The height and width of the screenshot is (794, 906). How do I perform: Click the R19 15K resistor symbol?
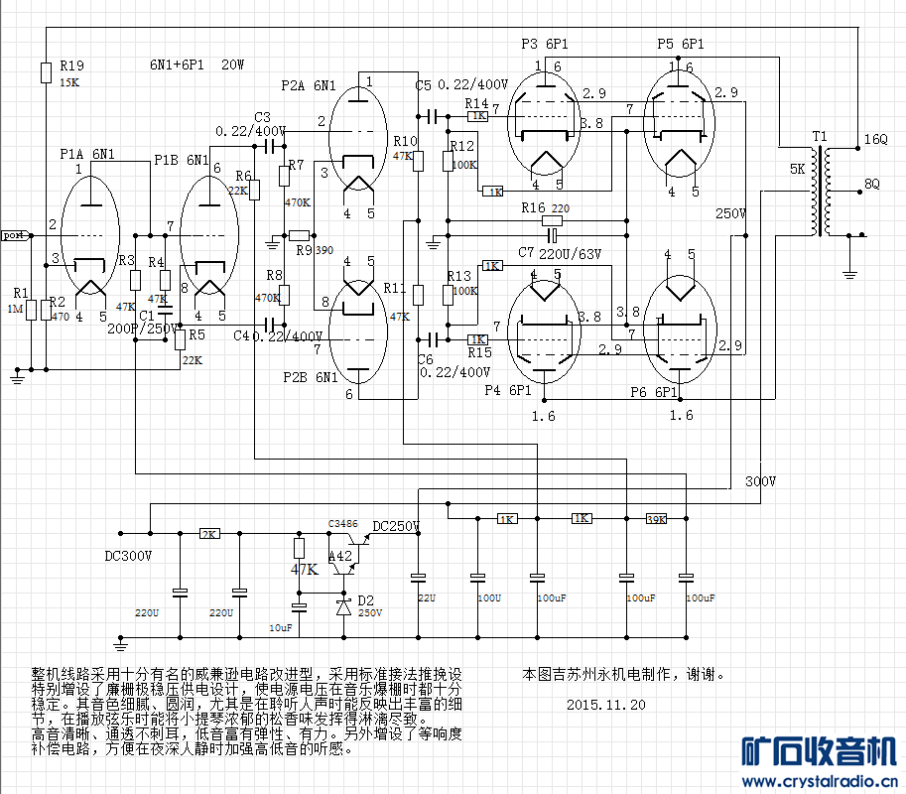tap(46, 72)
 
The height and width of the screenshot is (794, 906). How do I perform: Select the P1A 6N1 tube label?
tap(85, 154)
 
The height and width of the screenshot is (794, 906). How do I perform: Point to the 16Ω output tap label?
tap(876, 139)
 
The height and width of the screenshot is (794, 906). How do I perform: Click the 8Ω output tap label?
tap(872, 184)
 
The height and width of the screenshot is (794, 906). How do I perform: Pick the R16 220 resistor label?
tap(545, 207)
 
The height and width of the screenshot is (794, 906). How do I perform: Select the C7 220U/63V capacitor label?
tap(559, 253)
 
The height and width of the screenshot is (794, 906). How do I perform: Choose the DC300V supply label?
tap(128, 556)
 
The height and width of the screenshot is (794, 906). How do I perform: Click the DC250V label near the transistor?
tap(396, 526)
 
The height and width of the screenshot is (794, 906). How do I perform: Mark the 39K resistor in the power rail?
tap(656, 519)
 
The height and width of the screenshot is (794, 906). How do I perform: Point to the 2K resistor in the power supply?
tap(209, 534)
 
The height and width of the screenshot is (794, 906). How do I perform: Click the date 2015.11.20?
tap(606, 705)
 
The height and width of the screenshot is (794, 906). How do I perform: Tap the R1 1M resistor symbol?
tap(32, 311)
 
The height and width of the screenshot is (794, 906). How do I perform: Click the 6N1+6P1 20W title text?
tap(197, 65)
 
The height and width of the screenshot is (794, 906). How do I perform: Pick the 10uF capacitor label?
tap(281, 627)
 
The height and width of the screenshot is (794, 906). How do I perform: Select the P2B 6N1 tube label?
tap(309, 377)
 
